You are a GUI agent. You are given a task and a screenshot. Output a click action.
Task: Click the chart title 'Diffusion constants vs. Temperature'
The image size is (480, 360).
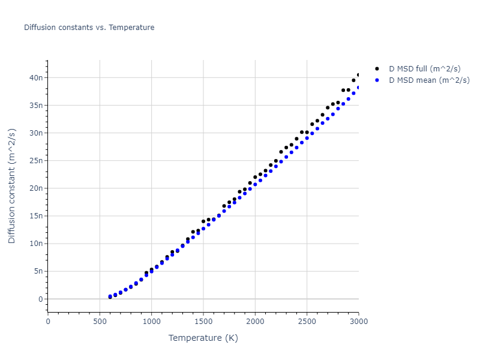89,28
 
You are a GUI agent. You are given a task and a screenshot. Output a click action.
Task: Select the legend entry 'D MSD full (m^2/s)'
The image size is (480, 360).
428,69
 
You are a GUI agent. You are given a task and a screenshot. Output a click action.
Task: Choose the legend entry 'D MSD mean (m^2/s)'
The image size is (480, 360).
429,80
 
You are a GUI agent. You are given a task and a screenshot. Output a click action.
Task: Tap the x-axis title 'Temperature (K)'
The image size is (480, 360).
203,338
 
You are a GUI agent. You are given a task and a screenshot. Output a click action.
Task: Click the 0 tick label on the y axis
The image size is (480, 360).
41,299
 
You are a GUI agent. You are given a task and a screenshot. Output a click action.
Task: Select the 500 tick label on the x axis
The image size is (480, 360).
100,322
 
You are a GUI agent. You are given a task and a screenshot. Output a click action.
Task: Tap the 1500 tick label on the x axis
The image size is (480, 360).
203,322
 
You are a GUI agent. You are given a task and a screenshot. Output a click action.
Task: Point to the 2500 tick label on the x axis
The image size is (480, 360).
307,322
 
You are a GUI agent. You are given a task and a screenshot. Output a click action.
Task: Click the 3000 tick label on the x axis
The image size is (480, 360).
358,322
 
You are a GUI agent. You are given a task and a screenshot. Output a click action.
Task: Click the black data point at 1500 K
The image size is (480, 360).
203,221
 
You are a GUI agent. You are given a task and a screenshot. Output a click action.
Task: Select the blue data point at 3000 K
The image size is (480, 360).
359,88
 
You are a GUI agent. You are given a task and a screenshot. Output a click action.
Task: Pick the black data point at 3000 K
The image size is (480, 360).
359,75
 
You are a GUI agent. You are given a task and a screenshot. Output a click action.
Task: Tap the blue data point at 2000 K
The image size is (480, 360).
255,184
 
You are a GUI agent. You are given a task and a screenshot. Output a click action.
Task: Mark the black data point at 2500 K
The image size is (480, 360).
307,133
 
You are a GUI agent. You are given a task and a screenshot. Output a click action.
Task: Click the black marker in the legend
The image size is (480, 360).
377,69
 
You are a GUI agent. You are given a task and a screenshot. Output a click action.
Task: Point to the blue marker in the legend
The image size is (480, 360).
377,80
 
